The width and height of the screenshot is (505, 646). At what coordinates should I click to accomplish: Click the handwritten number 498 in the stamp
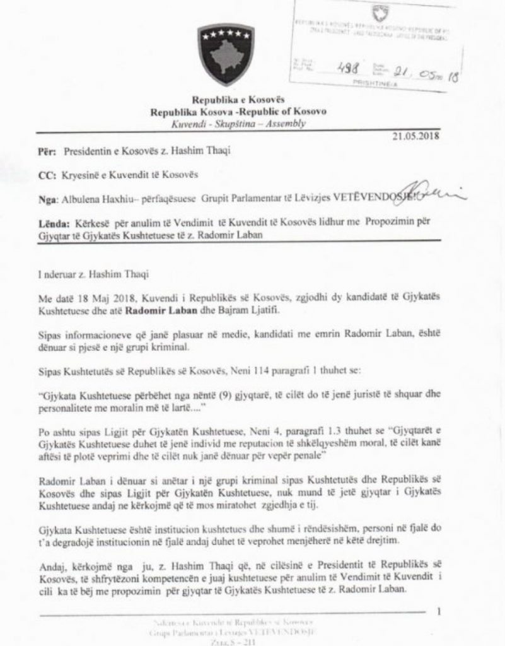click(346, 71)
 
